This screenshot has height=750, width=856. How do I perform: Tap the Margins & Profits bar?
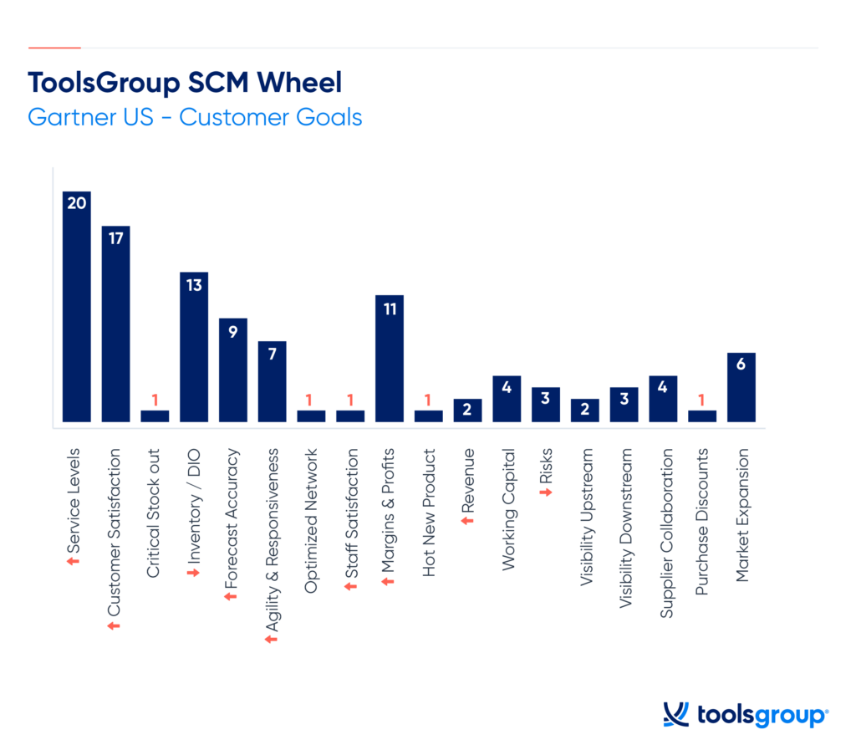[x=390, y=359]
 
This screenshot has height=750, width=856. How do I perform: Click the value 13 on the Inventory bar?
[x=194, y=285]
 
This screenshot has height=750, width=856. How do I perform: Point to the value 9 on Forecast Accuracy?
[x=233, y=331]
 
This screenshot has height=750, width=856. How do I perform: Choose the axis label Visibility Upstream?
[x=585, y=521]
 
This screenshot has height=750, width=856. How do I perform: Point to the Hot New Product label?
[x=429, y=513]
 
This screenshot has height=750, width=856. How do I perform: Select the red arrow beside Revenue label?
[x=468, y=520]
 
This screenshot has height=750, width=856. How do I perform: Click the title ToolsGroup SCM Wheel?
[x=185, y=83]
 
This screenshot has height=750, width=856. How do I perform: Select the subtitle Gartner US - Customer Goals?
[x=195, y=116]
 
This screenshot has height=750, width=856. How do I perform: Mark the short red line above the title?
[x=54, y=48]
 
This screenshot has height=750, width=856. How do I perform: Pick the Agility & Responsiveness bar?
[x=273, y=381]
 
